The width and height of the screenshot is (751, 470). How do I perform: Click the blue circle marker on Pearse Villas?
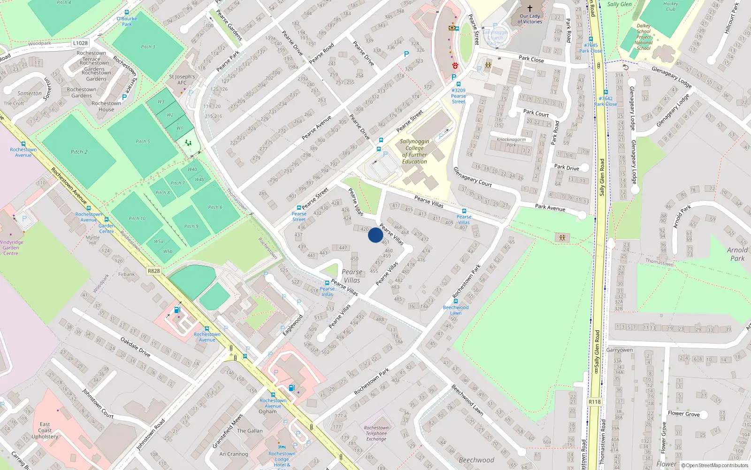click(x=375, y=235)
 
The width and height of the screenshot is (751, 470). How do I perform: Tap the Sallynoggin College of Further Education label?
click(x=414, y=151)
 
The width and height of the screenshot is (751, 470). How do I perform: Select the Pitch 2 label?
click(x=79, y=152)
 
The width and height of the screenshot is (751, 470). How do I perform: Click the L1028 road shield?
click(x=80, y=43)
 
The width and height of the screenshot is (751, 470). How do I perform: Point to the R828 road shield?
click(x=153, y=271)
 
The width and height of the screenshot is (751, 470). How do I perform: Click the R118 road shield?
click(x=594, y=402)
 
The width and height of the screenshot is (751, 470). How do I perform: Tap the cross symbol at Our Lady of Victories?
click(x=530, y=8)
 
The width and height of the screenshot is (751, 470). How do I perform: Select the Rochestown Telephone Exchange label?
click(x=376, y=433)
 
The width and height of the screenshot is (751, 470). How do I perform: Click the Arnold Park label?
click(x=737, y=254)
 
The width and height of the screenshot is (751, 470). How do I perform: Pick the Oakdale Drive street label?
click(x=135, y=347)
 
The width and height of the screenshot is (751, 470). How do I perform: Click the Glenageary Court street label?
click(x=472, y=177)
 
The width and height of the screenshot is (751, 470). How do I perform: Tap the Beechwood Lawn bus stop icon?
click(x=455, y=301)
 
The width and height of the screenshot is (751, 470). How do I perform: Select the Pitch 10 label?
click(x=137, y=219)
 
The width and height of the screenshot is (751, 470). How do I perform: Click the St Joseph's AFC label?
click(x=182, y=79)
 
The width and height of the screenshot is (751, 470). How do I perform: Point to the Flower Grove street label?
click(x=683, y=414)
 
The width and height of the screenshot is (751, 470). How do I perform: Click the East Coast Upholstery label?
click(x=45, y=430)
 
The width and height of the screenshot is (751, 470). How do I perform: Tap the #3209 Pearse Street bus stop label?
click(x=459, y=96)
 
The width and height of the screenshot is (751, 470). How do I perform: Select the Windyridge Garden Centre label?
click(x=10, y=248)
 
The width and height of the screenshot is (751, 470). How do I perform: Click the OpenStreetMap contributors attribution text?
click(x=717, y=465)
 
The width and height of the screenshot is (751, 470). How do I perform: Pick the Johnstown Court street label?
click(x=98, y=403)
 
